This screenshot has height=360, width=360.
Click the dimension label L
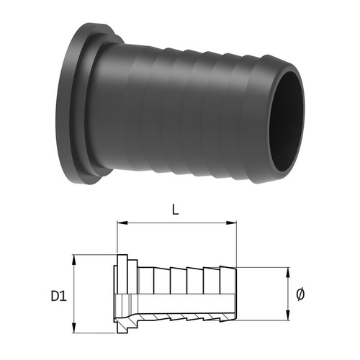click(x=176, y=210)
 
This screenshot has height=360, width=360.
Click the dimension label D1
click(x=58, y=296)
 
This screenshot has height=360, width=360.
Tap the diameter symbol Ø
click(x=300, y=294)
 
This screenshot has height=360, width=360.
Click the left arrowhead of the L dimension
click(x=122, y=222)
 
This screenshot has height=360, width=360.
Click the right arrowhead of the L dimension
click(x=232, y=222)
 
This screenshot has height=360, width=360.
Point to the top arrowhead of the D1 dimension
click(x=74, y=260)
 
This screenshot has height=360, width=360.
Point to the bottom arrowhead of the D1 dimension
click(x=74, y=328)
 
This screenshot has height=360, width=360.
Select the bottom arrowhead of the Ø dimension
click(x=288, y=315)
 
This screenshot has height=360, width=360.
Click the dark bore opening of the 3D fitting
click(x=286, y=122)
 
